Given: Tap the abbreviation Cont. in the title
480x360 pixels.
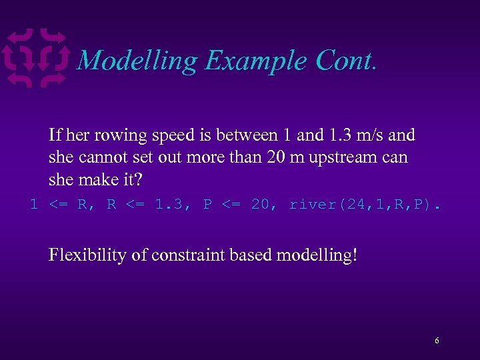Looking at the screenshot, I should coord(347,61).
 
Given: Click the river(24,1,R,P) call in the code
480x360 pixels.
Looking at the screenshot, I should coord(364,205).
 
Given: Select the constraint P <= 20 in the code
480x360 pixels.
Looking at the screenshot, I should coord(235,205).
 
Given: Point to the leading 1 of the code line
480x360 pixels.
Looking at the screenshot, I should coord(34,205).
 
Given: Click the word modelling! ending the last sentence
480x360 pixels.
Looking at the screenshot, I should coord(313,255).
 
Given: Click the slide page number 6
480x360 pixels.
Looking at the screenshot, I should coord(437,341).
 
